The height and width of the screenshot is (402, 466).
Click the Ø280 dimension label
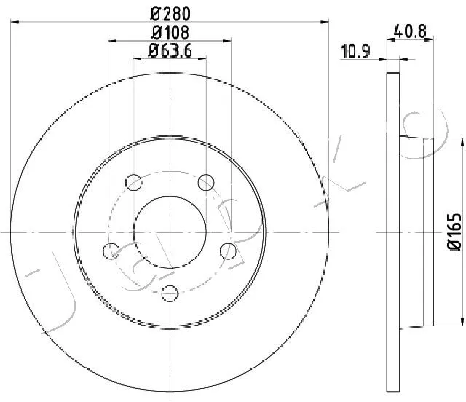click(170, 13)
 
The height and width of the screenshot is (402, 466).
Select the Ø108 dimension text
click(170, 33)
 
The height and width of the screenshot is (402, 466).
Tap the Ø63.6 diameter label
click(170, 50)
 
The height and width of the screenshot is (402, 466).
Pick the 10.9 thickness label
click(355, 52)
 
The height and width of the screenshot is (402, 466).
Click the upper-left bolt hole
click(134, 182)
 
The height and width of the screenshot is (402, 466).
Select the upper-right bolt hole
click(206, 182)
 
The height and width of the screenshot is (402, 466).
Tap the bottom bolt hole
click(170, 293)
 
